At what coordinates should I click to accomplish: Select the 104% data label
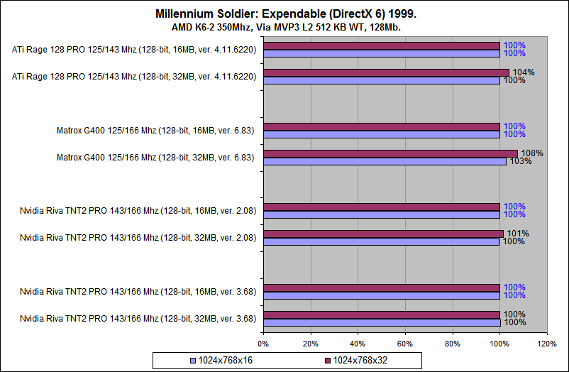pyautogui.click(x=520, y=72)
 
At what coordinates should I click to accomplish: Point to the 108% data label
pyautogui.click(x=531, y=153)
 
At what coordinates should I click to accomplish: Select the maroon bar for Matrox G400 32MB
pyautogui.click(x=390, y=153)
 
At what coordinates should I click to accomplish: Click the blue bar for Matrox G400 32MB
pyautogui.click(x=384, y=161)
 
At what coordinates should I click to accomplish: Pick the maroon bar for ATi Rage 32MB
pyautogui.click(x=386, y=72)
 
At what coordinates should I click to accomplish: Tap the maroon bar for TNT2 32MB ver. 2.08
pyautogui.click(x=383, y=234)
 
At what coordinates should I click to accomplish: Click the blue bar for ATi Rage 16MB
pyautogui.click(x=381, y=53)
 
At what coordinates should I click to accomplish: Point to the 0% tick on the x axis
pyautogui.click(x=263, y=344)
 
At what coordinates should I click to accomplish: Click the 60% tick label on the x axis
pyautogui.click(x=405, y=344)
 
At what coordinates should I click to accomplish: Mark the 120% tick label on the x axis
pyautogui.click(x=547, y=344)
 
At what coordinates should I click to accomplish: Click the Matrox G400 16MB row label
pyautogui.click(x=156, y=130)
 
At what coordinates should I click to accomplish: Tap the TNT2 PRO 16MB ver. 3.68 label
pyautogui.click(x=138, y=290)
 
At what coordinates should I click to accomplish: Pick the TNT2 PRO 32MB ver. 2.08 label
pyautogui.click(x=138, y=237)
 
